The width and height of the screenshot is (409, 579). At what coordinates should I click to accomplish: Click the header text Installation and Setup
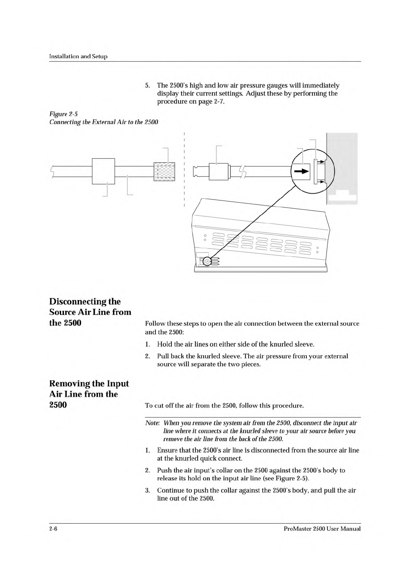click(x=78, y=56)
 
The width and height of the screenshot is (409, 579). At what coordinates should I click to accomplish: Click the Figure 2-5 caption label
click(x=64, y=114)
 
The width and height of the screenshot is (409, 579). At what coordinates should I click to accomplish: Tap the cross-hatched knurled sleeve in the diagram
click(x=164, y=172)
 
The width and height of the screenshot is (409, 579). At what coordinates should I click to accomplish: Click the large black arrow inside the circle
click(x=301, y=171)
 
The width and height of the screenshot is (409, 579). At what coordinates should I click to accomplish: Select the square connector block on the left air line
click(x=103, y=171)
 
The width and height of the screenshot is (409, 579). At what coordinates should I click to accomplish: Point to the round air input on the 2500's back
click(x=207, y=262)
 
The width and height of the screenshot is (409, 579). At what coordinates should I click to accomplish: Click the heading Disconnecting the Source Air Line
click(x=90, y=312)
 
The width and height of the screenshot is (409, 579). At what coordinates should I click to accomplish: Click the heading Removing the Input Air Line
click(x=89, y=394)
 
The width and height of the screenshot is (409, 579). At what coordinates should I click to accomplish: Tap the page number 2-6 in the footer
click(x=53, y=528)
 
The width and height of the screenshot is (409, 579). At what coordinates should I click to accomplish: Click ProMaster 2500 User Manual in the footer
click(x=322, y=528)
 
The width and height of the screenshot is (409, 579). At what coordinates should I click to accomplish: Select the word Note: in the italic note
click(x=152, y=423)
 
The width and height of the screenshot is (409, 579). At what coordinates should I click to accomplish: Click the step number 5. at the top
click(x=147, y=86)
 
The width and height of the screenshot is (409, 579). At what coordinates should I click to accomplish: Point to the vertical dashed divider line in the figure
click(x=184, y=170)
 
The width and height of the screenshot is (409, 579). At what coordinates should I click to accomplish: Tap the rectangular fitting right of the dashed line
click(x=218, y=172)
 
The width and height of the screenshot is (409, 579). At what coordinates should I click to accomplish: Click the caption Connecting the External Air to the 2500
click(x=104, y=122)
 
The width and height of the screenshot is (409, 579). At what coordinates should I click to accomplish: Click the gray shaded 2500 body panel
click(x=342, y=168)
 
